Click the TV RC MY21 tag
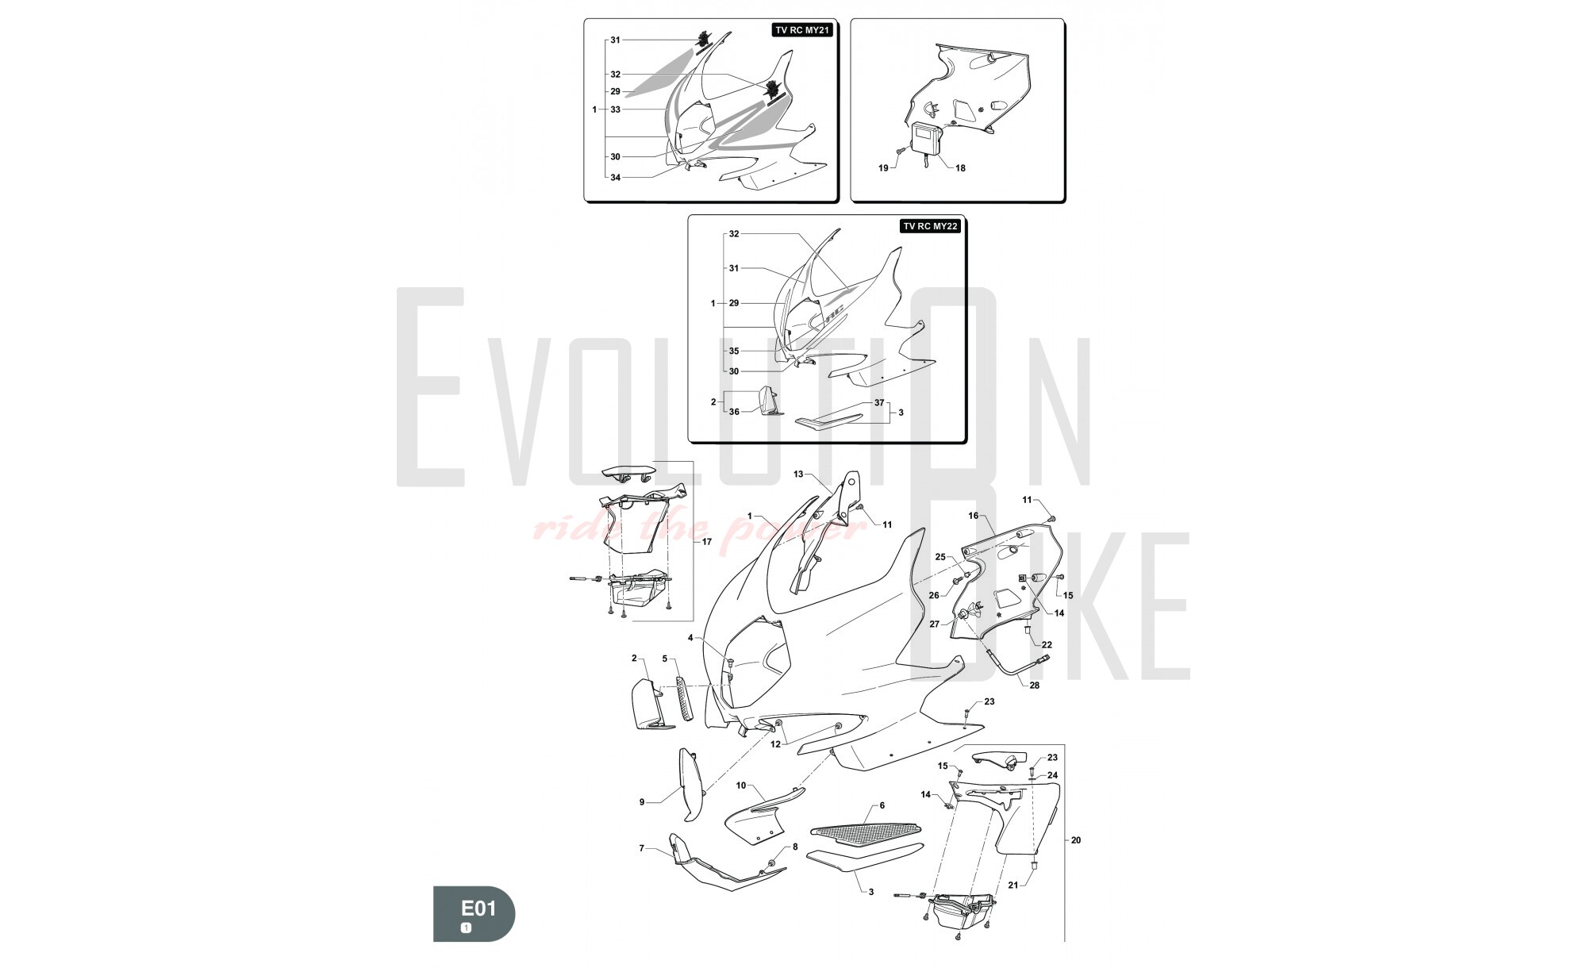coord(801,31)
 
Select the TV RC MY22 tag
coord(931,226)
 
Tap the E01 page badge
coord(474,913)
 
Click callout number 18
coord(960,168)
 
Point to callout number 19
coord(883,168)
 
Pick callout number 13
coord(798,474)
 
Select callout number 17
coord(706,542)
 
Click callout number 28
coord(1034,686)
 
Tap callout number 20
coord(1076,840)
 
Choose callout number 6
coord(882,805)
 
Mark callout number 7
coord(642,849)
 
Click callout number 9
coord(642,802)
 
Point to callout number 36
coord(734,412)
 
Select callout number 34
coord(615,178)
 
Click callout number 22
coord(1047,645)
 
